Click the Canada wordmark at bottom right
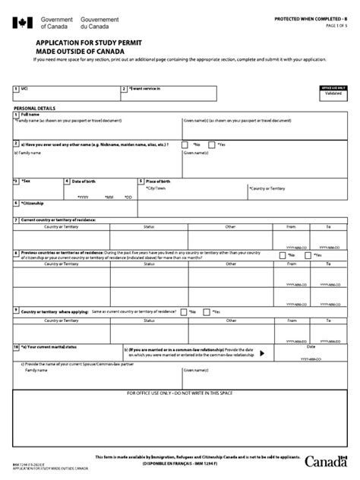tap(327, 461)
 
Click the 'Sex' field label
tap(28, 182)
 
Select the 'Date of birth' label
tap(86, 182)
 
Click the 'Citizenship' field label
tap(33, 204)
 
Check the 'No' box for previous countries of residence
tap(283, 256)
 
